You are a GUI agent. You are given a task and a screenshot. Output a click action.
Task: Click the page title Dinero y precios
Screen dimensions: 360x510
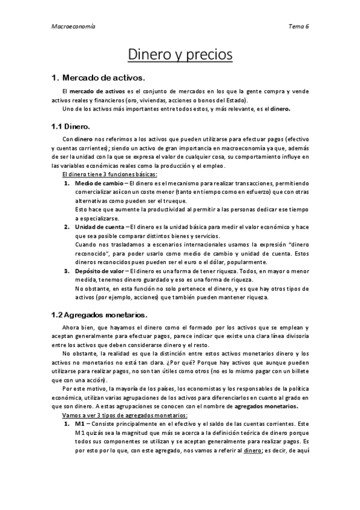(x=180, y=55)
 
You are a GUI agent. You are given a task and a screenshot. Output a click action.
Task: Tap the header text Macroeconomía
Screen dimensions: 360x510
(x=67, y=26)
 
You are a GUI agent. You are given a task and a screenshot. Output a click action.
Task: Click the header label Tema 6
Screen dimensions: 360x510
(x=298, y=26)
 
